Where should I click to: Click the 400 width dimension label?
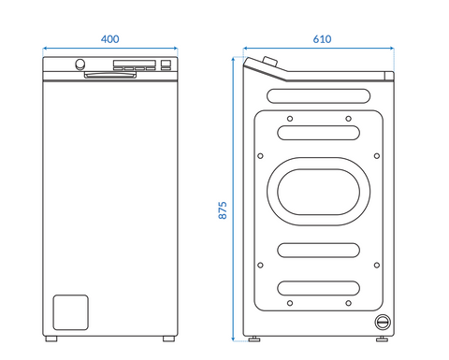tap(109, 39)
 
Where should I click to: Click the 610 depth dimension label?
tap(322, 39)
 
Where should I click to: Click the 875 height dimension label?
tap(223, 210)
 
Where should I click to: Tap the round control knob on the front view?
tap(80, 64)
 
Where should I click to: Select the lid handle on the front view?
tap(110, 75)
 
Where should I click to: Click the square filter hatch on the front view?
tap(70, 312)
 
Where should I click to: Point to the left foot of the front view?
tap(51, 338)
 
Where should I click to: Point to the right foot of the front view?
tap(168, 338)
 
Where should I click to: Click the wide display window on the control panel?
tap(135, 64)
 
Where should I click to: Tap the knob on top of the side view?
tap(270, 61)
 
